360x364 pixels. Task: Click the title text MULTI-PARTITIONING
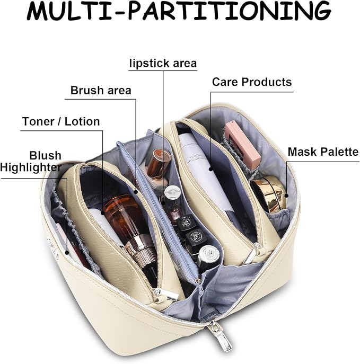[x=179, y=11]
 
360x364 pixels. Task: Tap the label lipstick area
[x=163, y=64]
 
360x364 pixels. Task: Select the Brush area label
[x=101, y=90]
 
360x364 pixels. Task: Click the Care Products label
[x=252, y=82]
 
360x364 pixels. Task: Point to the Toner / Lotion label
[x=61, y=121]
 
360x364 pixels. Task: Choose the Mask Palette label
[x=323, y=152]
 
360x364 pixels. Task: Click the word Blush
[x=45, y=155]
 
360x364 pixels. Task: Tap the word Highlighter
[x=31, y=167]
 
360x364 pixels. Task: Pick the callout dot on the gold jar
[x=287, y=196]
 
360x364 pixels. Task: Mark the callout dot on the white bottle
[x=211, y=169]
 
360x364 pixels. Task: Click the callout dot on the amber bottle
[x=103, y=212]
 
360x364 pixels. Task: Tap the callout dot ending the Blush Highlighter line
[x=67, y=253]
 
